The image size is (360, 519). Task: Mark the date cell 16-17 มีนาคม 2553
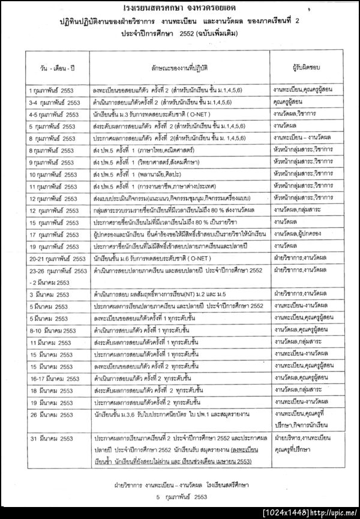[54, 378]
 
